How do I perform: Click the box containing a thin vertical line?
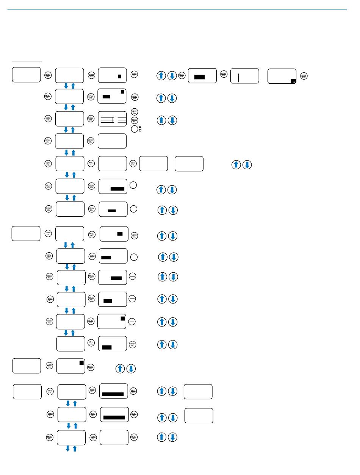pyautogui.click(x=245, y=76)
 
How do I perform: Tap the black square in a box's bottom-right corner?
pyautogui.click(x=293, y=81)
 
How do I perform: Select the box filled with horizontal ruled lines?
pyautogui.click(x=112, y=119)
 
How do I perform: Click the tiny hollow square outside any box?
pyautogui.click(x=140, y=130)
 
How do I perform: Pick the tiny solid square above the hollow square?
pyautogui.click(x=140, y=127)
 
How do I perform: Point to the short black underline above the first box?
pyautogui.click(x=27, y=61)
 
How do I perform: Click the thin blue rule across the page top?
pyautogui.click(x=177, y=9)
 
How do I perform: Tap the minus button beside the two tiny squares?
pyautogui.click(x=134, y=129)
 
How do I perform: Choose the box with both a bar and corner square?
pyautogui.click(x=112, y=96)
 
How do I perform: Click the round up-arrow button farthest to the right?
pyautogui.click(x=236, y=165)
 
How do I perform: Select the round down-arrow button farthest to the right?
pyautogui.click(x=247, y=165)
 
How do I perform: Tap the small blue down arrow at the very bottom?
pyautogui.click(x=68, y=448)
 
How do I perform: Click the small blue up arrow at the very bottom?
pyautogui.click(x=75, y=448)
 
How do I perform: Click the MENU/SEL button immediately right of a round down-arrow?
pyautogui.click(x=182, y=76)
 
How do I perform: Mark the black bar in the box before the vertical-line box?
pyautogui.click(x=199, y=77)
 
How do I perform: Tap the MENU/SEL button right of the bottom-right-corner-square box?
pyautogui.click(x=304, y=76)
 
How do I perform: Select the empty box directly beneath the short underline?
pyautogui.click(x=26, y=75)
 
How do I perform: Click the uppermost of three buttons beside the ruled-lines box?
pyautogui.click(x=134, y=112)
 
